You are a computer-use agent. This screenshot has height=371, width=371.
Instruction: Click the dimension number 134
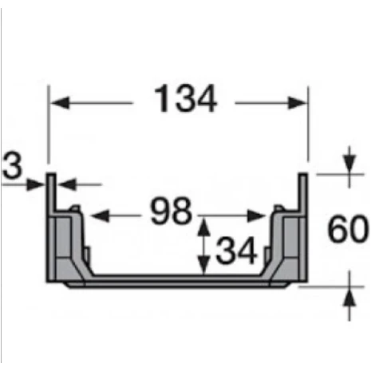click(x=185, y=99)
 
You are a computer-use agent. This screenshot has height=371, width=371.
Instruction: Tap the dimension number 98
click(x=171, y=211)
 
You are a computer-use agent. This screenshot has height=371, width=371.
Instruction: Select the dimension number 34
click(x=236, y=251)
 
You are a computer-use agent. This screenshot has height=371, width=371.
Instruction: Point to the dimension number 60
click(x=348, y=228)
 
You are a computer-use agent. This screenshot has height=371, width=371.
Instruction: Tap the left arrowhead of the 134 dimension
click(x=60, y=103)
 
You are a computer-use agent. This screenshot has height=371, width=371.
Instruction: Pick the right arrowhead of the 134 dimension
click(x=298, y=103)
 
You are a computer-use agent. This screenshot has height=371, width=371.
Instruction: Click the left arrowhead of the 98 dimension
click(x=100, y=215)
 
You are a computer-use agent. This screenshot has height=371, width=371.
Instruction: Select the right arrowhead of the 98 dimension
click(x=256, y=215)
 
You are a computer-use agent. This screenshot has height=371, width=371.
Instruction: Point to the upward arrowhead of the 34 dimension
click(x=203, y=227)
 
